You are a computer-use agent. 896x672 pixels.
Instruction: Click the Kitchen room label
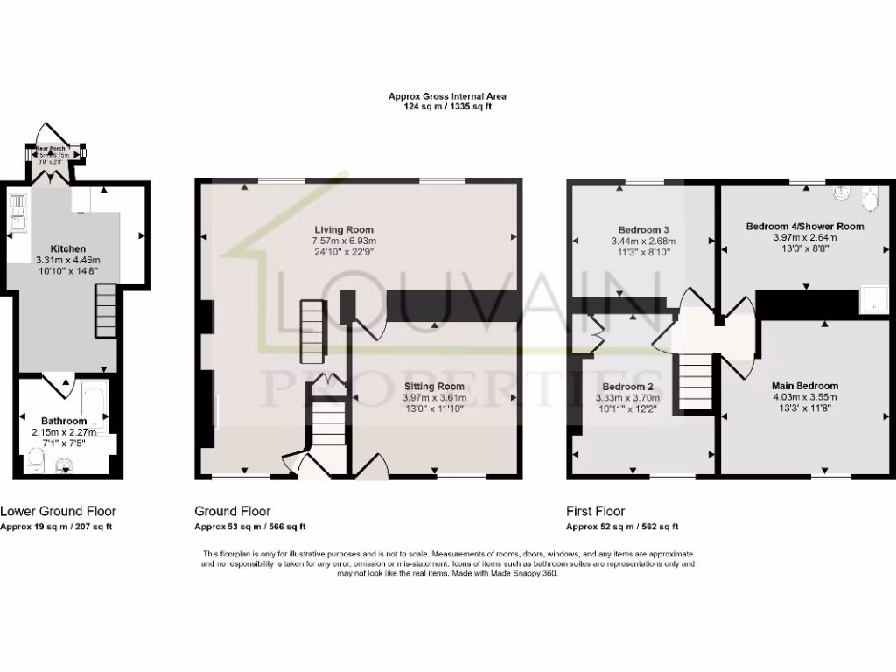pyautogui.click(x=67, y=248)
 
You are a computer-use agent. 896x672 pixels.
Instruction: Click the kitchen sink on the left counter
pyautogui.click(x=17, y=207)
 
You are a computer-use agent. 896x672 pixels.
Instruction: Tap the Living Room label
pyautogui.click(x=344, y=229)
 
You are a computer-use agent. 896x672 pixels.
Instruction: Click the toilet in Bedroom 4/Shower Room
pyautogui.click(x=870, y=200)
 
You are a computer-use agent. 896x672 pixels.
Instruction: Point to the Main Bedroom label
pyautogui.click(x=804, y=386)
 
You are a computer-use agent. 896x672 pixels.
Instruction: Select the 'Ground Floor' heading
pyautogui.click(x=232, y=511)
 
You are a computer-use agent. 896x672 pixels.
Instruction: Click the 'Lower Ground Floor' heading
pyautogui.click(x=58, y=511)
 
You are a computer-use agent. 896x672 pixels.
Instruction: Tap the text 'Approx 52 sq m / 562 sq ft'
pyautogui.click(x=622, y=527)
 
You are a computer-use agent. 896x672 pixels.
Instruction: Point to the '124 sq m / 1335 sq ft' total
pyautogui.click(x=447, y=106)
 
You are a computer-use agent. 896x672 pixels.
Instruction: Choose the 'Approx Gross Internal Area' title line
pyautogui.click(x=447, y=96)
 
